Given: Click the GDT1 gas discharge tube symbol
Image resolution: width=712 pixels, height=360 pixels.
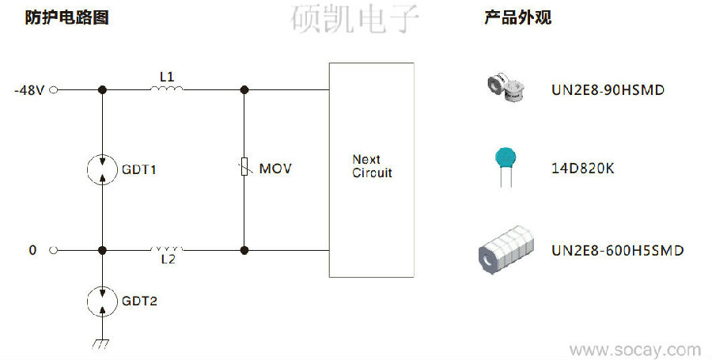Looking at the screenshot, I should click(x=103, y=169).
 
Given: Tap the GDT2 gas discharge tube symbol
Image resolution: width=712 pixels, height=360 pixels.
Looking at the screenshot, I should click(x=103, y=301).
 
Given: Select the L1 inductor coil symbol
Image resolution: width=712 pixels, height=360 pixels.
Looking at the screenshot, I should click(x=167, y=89).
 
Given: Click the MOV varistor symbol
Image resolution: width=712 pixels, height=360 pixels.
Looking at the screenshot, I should click(x=244, y=168).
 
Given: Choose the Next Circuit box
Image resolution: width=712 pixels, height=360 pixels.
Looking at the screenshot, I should click(x=371, y=168).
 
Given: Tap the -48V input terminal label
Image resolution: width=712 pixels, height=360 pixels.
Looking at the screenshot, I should click(x=28, y=90).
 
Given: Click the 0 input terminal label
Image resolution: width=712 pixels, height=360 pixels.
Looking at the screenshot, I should click(x=32, y=250).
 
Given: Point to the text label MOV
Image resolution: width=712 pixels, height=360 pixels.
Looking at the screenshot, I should click(x=275, y=169).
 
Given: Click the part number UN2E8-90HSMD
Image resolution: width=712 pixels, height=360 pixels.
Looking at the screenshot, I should click(x=608, y=90).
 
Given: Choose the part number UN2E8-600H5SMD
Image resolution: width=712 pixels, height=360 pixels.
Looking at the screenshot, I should click(x=617, y=250).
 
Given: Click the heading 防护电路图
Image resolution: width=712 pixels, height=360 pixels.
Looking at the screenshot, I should click(x=66, y=18).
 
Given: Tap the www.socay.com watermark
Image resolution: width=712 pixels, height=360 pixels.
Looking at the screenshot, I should click(x=634, y=349).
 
